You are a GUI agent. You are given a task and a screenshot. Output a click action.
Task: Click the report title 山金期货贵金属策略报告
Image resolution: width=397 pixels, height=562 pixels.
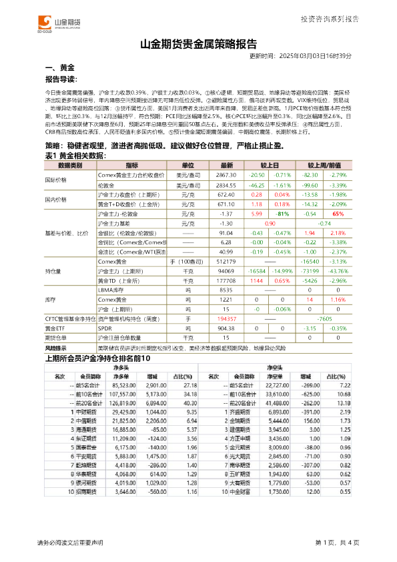198,45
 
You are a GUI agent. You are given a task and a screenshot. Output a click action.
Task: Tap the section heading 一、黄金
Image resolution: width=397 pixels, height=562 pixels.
59,68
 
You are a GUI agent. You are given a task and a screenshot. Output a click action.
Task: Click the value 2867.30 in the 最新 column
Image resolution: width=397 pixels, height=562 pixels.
226,174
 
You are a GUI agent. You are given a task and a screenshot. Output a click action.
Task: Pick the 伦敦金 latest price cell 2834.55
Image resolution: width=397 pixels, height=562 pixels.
226,184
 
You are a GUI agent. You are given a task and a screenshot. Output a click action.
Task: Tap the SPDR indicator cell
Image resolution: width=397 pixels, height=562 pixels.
105,329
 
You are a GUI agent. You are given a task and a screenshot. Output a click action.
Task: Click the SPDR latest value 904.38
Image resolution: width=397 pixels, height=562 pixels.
226,329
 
